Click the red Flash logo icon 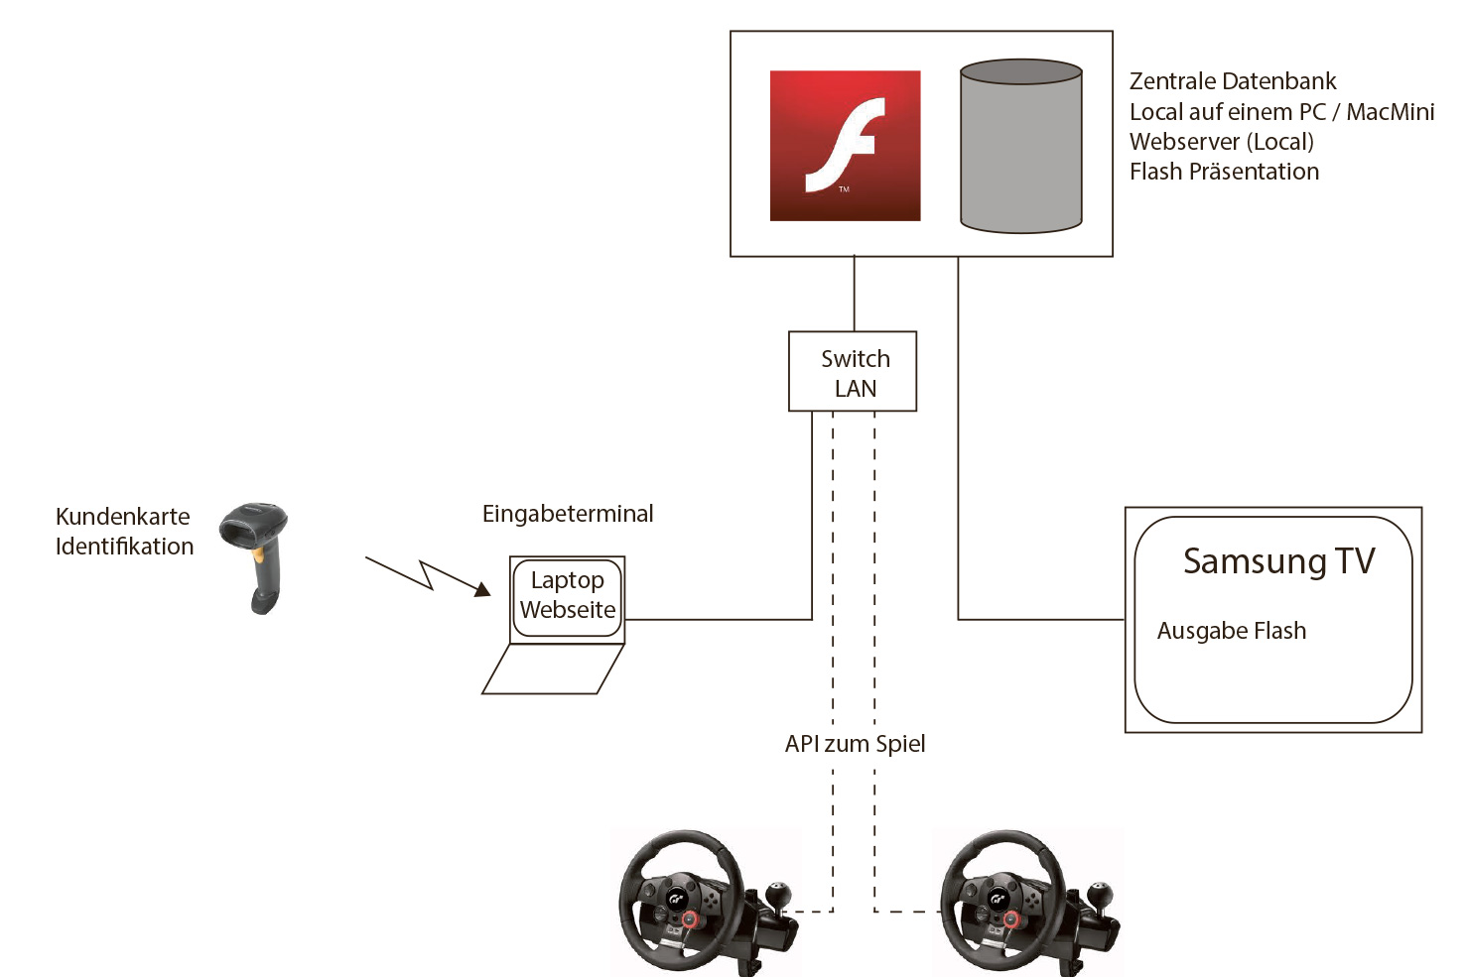(x=845, y=145)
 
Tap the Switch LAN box (x=853, y=372)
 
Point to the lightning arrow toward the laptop (x=427, y=575)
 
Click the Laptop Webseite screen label (x=568, y=595)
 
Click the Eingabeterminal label (x=568, y=514)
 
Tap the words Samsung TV (x=1278, y=561)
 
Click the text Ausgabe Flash (x=1231, y=631)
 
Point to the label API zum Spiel (x=855, y=744)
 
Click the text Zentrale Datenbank (x=1233, y=81)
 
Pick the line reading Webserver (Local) (x=1221, y=142)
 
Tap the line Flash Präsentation (x=1224, y=172)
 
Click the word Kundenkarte (x=123, y=517)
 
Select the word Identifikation (x=125, y=547)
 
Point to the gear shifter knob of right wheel (x=1098, y=891)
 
